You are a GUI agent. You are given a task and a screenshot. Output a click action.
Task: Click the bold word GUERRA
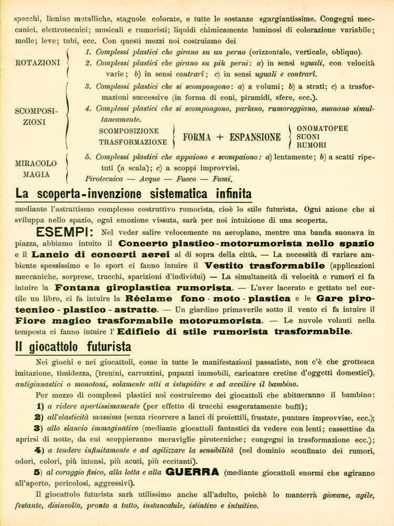[x=193, y=471]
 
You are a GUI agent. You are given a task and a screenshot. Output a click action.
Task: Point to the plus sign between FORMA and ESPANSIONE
[x=220, y=137]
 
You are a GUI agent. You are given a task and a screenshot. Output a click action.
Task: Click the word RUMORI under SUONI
[x=312, y=145]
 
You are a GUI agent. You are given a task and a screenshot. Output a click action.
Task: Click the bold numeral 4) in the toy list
[x=38, y=450]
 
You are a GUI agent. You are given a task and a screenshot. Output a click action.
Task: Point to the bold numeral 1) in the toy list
[x=38, y=406]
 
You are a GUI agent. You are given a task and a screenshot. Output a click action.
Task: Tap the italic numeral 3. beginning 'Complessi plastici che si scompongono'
[x=88, y=85]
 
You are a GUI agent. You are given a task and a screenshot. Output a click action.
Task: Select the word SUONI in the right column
[x=309, y=137]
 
